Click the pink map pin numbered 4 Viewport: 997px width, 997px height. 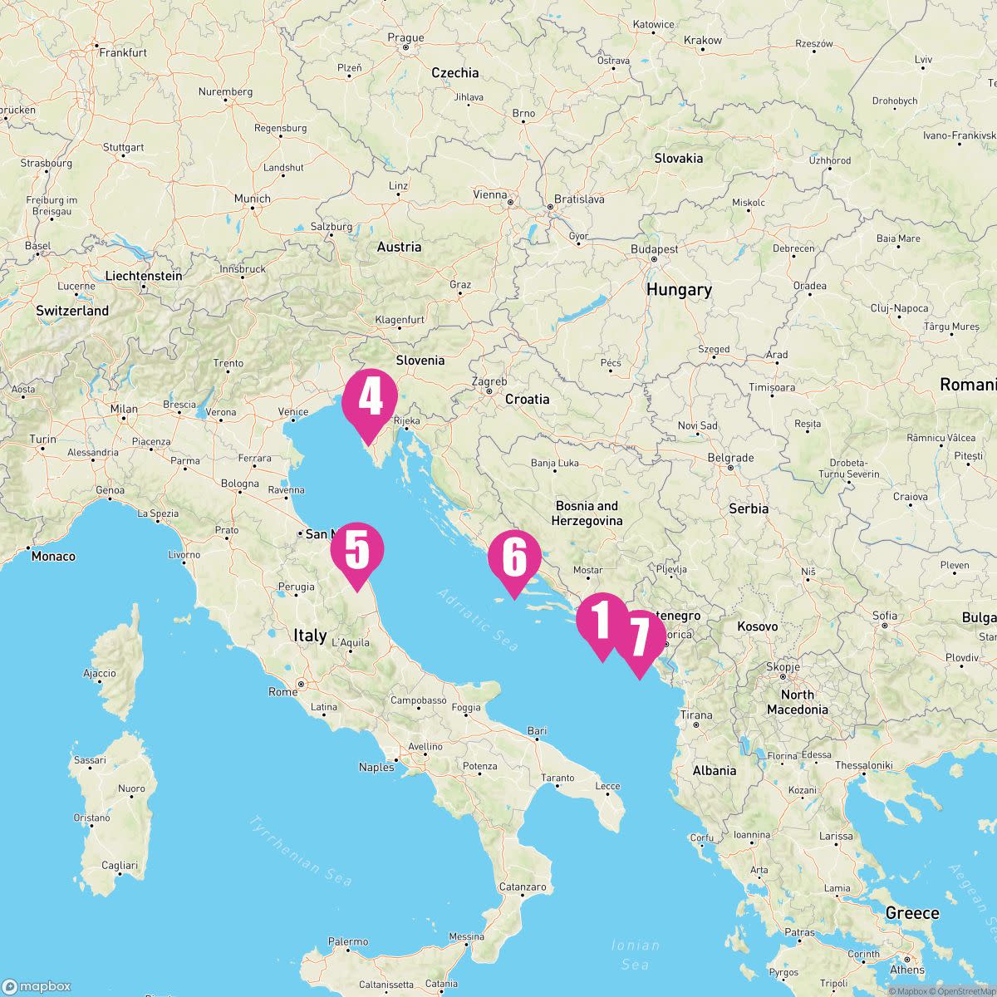point(370,400)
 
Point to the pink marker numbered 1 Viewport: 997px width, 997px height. point(602,620)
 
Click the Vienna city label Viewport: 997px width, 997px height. point(489,194)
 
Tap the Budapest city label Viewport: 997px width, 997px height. point(654,249)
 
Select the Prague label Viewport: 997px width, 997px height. point(405,37)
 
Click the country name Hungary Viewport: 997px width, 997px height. point(679,289)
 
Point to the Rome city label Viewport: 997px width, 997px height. point(282,691)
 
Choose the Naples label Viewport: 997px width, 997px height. point(376,767)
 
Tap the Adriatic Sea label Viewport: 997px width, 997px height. point(478,620)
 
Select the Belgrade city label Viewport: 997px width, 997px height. point(730,458)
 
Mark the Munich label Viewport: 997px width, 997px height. point(252,199)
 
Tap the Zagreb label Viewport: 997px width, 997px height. point(489,381)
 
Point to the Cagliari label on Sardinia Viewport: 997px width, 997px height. point(119,865)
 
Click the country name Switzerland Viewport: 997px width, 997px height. point(72,311)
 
